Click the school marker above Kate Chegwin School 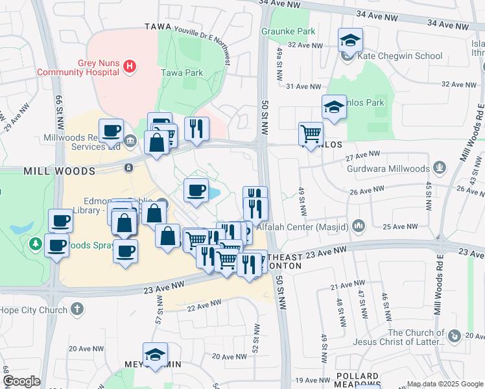point(350,41)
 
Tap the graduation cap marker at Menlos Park point(334,107)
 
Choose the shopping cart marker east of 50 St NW point(311,134)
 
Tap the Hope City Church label point(34,310)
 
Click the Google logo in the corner point(21,381)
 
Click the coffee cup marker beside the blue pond point(196,190)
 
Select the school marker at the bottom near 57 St point(155,355)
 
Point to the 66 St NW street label point(58,104)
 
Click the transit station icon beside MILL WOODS point(128,167)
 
